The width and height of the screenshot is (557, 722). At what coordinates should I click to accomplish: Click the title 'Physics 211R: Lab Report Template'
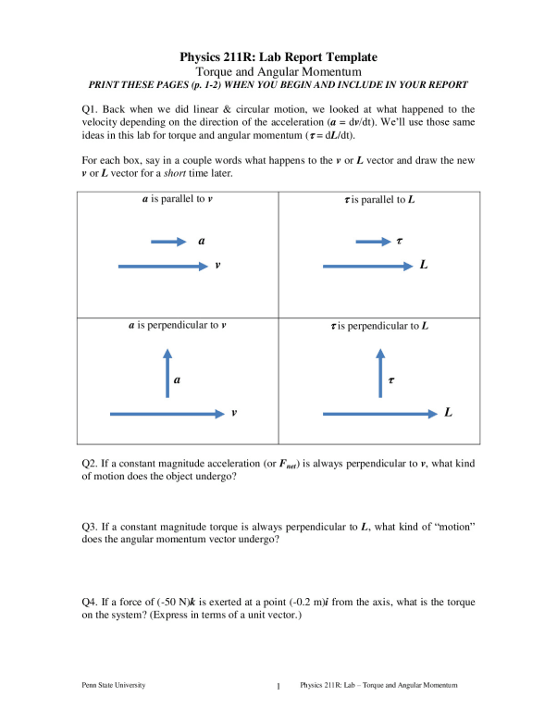click(278, 56)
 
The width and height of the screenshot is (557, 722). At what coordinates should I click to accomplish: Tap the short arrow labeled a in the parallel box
click(168, 242)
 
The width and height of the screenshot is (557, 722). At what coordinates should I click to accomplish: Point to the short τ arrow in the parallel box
click(372, 242)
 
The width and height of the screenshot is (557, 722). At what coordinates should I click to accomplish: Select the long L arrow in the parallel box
click(365, 266)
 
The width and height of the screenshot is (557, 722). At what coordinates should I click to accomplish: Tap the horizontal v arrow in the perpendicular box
click(167, 413)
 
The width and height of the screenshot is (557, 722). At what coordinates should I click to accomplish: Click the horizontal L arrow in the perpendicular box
click(379, 413)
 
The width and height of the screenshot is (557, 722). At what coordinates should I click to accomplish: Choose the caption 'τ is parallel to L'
click(379, 200)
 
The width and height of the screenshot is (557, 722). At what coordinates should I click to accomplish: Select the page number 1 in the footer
click(278, 687)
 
